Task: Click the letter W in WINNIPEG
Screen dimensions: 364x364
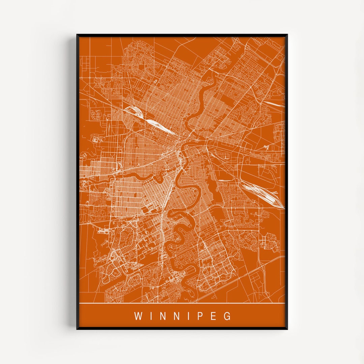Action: [x=138, y=316]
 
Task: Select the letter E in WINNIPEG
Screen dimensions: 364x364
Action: [x=214, y=316]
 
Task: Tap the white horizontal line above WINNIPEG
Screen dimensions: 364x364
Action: [x=182, y=303]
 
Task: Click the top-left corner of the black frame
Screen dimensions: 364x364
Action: [x=77, y=35]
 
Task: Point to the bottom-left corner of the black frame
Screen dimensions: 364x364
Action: [x=77, y=329]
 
